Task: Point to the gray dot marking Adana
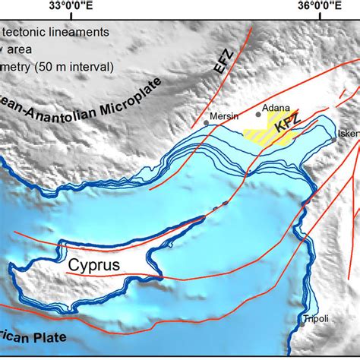257,115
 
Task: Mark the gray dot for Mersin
207,123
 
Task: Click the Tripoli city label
316,319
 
